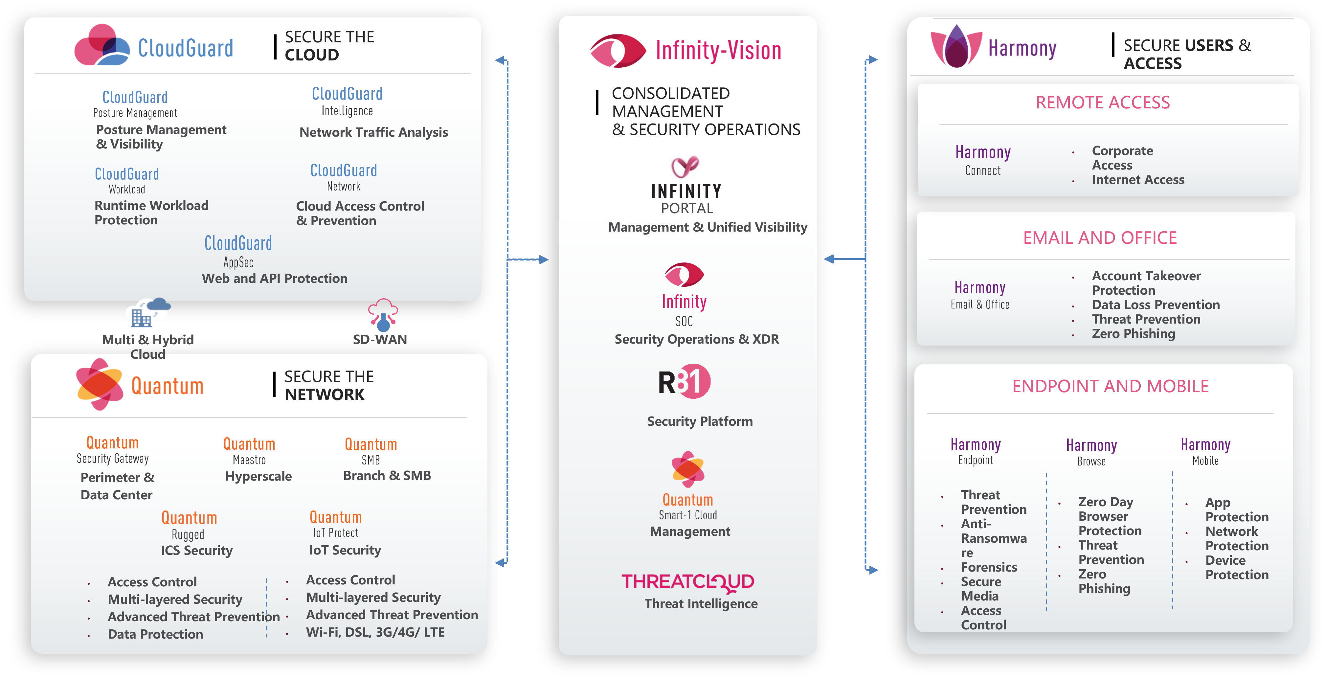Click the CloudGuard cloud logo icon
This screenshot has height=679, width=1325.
(101, 45)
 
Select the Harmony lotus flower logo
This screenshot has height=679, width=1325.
(956, 47)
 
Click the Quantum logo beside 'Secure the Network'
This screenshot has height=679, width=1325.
(99, 384)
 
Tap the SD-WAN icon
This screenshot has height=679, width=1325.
(383, 314)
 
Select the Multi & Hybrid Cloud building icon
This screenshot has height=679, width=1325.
(147, 313)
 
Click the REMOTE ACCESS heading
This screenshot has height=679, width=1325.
(1102, 102)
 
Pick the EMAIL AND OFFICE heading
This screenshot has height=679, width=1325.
(1100, 238)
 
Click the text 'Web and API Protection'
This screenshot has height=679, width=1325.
(274, 278)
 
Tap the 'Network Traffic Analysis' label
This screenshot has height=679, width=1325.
(373, 132)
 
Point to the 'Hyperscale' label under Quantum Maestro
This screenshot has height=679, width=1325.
(258, 476)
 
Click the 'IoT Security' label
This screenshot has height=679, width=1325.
(345, 550)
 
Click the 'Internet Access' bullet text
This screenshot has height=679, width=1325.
(1138, 180)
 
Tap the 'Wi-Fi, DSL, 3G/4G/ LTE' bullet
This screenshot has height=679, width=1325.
(375, 632)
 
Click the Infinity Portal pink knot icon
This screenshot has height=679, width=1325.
(685, 166)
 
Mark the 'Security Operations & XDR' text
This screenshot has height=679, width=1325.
(696, 339)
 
